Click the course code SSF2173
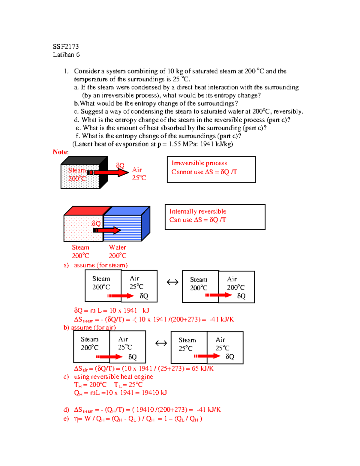click(66, 47)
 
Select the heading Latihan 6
click(66, 55)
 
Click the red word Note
click(60, 152)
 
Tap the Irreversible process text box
click(211, 169)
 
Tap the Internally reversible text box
click(215, 217)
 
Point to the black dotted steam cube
click(80, 176)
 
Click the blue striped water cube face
click(122, 228)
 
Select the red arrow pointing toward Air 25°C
click(108, 173)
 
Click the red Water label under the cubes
click(117, 248)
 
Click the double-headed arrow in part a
click(172, 282)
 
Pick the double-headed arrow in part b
click(161, 343)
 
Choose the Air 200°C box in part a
click(236, 287)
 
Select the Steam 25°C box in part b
click(189, 347)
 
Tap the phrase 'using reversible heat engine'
click(113, 377)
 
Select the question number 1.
click(66, 71)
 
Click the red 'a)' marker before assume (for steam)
click(66, 265)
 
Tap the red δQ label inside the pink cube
click(96, 224)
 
